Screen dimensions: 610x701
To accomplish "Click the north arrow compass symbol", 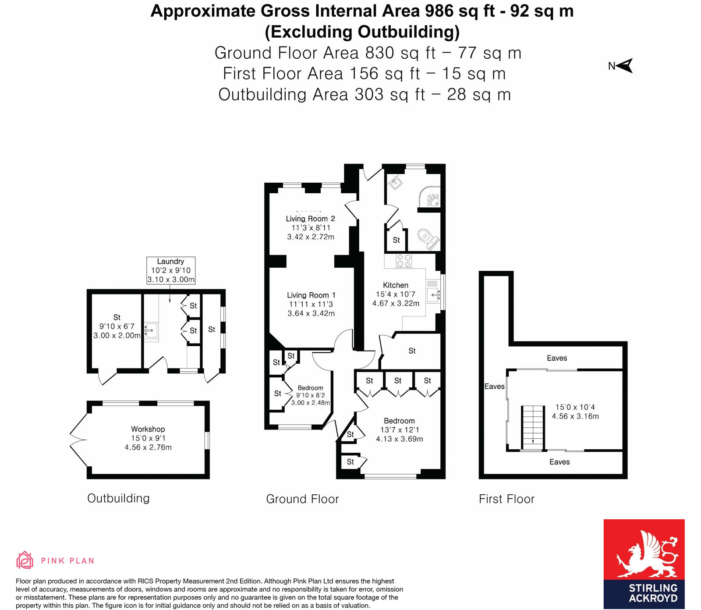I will tap(625, 66).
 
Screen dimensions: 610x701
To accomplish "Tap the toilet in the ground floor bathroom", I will tap(427, 238).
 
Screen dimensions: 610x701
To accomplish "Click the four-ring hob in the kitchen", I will tap(404, 261).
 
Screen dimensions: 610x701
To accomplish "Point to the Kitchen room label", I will tap(395, 285).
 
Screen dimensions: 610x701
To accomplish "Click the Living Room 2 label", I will tap(310, 219).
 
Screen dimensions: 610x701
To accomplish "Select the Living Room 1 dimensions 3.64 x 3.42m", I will tap(311, 313).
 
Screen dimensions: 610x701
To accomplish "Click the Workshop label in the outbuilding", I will tap(148, 429).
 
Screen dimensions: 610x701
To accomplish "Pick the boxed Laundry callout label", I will tap(171, 270).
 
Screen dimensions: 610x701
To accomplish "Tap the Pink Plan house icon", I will tap(25, 560).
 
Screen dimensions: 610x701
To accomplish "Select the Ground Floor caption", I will tap(302, 499).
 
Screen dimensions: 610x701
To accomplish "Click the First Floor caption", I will tap(506, 499).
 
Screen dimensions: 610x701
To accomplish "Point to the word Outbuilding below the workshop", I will tap(118, 498).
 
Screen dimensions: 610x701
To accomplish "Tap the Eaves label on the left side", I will tap(494, 387).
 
